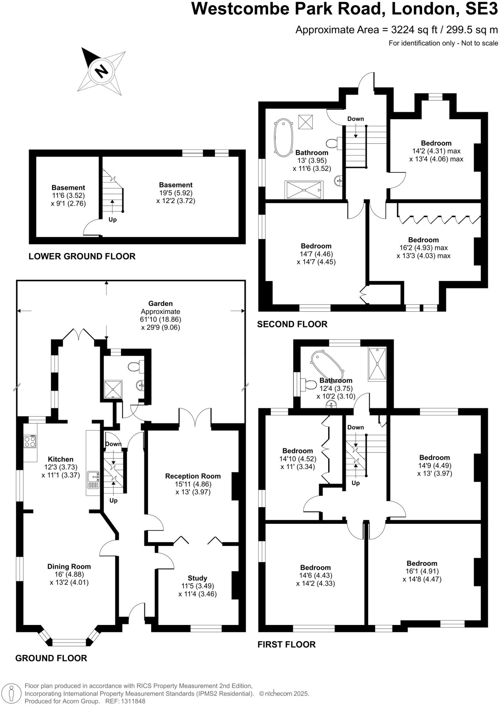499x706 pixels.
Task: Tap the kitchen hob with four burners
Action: pyautogui.click(x=30, y=442)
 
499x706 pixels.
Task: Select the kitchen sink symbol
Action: pyautogui.click(x=93, y=480)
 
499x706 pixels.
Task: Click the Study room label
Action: pyautogui.click(x=197, y=578)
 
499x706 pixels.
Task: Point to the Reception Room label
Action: pyautogui.click(x=193, y=476)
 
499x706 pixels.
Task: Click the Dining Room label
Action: pyautogui.click(x=69, y=566)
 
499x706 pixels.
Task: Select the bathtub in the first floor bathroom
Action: pyautogui.click(x=327, y=365)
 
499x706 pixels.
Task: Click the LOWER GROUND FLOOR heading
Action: pyautogui.click(x=82, y=256)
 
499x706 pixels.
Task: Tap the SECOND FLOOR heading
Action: pyautogui.click(x=292, y=324)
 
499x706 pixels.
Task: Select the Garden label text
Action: pyautogui.click(x=160, y=303)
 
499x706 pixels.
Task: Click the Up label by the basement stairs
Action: pyautogui.click(x=113, y=220)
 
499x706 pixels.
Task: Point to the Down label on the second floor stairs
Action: pyautogui.click(x=355, y=119)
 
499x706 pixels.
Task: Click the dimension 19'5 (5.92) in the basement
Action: pyautogui.click(x=176, y=193)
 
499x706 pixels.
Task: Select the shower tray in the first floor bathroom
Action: pyautogui.click(x=377, y=364)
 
